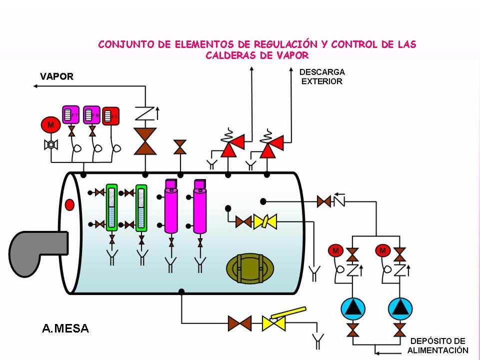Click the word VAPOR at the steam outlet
(56, 76)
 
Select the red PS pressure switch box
(111, 116)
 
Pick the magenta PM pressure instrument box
(91, 115)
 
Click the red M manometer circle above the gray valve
(50, 125)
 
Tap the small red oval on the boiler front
(69, 204)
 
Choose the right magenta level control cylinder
(200, 210)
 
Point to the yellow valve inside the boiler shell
(264, 221)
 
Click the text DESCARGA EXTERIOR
(321, 76)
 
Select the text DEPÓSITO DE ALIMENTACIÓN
(437, 345)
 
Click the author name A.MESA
(65, 328)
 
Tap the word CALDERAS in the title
(230, 55)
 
